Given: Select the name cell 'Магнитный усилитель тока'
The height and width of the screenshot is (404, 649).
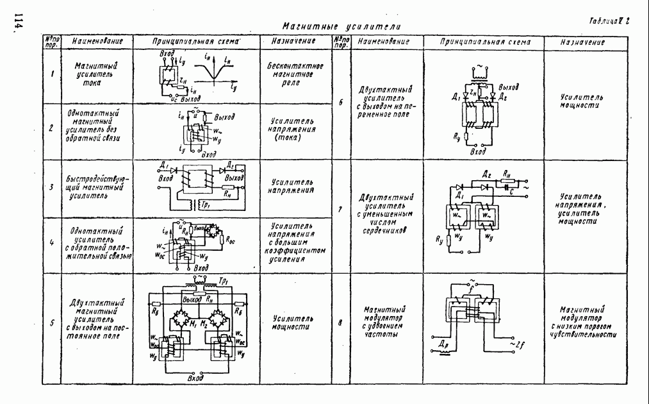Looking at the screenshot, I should tap(95, 74).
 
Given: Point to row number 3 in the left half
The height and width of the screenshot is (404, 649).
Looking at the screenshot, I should tap(51, 188).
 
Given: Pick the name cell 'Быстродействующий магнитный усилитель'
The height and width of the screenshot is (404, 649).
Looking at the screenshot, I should tap(95, 188).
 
